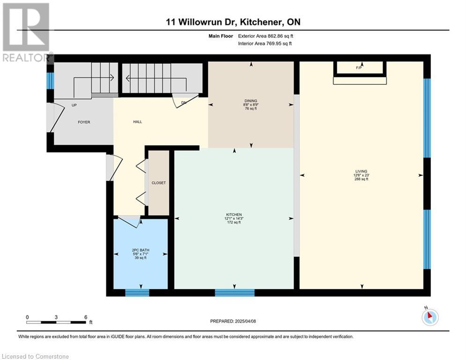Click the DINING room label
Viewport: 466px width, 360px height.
point(251,101)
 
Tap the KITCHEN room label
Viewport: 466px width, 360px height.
point(234,215)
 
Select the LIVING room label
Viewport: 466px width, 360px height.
point(362,172)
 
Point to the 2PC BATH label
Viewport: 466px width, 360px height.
point(141,250)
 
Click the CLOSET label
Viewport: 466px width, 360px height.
point(159,183)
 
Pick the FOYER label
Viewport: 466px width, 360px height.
point(84,122)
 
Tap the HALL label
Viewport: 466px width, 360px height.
point(138,122)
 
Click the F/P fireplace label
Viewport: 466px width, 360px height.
point(359,68)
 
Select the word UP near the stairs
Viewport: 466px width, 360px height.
point(74,105)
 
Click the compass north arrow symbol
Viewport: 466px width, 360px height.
point(430,317)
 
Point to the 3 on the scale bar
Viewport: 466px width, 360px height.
point(56,317)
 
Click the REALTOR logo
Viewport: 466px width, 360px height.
point(27,32)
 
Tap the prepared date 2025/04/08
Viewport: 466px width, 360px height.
point(245,321)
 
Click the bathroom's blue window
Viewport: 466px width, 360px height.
point(137,292)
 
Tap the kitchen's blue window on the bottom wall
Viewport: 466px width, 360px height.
point(235,292)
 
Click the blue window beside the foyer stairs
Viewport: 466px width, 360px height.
point(50,81)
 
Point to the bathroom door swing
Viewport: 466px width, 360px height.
point(130,221)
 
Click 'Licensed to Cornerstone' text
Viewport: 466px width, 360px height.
point(35,356)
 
